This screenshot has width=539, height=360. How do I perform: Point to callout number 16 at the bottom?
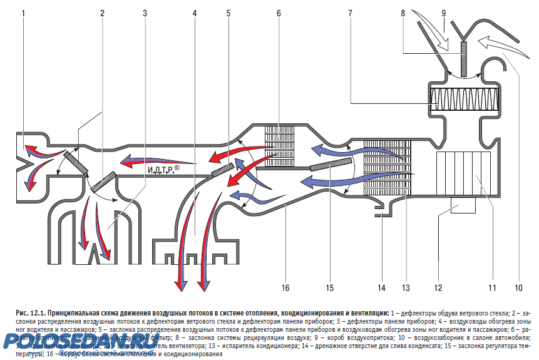285,288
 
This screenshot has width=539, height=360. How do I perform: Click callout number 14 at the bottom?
381,288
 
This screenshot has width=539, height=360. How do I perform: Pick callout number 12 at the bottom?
439,288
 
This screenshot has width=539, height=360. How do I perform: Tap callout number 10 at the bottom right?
518,288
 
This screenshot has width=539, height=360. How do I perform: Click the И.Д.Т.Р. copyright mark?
164,170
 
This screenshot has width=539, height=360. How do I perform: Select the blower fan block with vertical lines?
464,173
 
